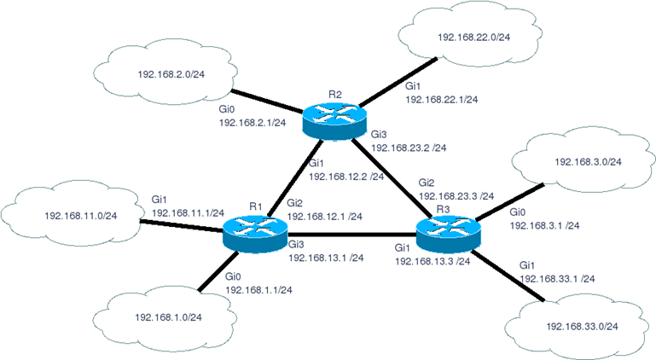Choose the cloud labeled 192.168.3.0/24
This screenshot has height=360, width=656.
[587, 161]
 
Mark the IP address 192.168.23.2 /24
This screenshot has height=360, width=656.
[409, 148]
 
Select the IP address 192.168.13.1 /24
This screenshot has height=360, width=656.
[326, 258]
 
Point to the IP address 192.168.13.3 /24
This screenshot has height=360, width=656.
[432, 261]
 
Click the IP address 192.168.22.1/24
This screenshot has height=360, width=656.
[441, 100]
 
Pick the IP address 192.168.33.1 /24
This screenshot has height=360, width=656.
[557, 279]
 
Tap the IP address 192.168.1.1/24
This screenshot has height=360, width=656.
[260, 291]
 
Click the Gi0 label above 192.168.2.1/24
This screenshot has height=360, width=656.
[226, 110]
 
